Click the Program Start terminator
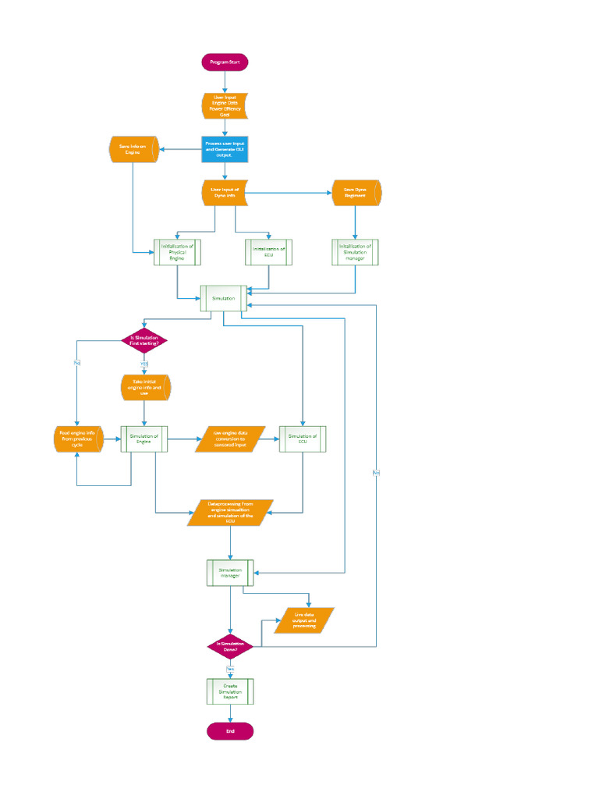tap(225, 62)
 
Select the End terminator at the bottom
tap(230, 731)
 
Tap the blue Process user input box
tap(225, 147)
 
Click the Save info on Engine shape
tap(133, 150)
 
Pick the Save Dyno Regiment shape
tap(356, 193)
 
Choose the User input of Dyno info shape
tap(225, 193)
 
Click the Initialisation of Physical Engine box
tap(177, 252)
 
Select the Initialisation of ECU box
tap(269, 252)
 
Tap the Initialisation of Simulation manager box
tap(356, 252)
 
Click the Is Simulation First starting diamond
tap(144, 340)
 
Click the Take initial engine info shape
tap(145, 388)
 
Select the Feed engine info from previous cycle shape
tap(77, 439)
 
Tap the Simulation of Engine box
tap(144, 439)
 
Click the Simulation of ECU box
tap(303, 439)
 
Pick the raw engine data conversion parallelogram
tap(230, 439)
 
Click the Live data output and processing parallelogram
tap(304, 620)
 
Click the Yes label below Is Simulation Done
tap(230, 669)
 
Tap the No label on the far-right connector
tap(376, 473)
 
